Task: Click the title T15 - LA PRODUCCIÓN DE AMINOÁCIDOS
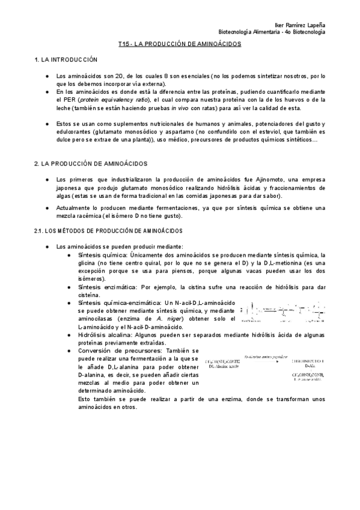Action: click(x=180, y=45)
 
